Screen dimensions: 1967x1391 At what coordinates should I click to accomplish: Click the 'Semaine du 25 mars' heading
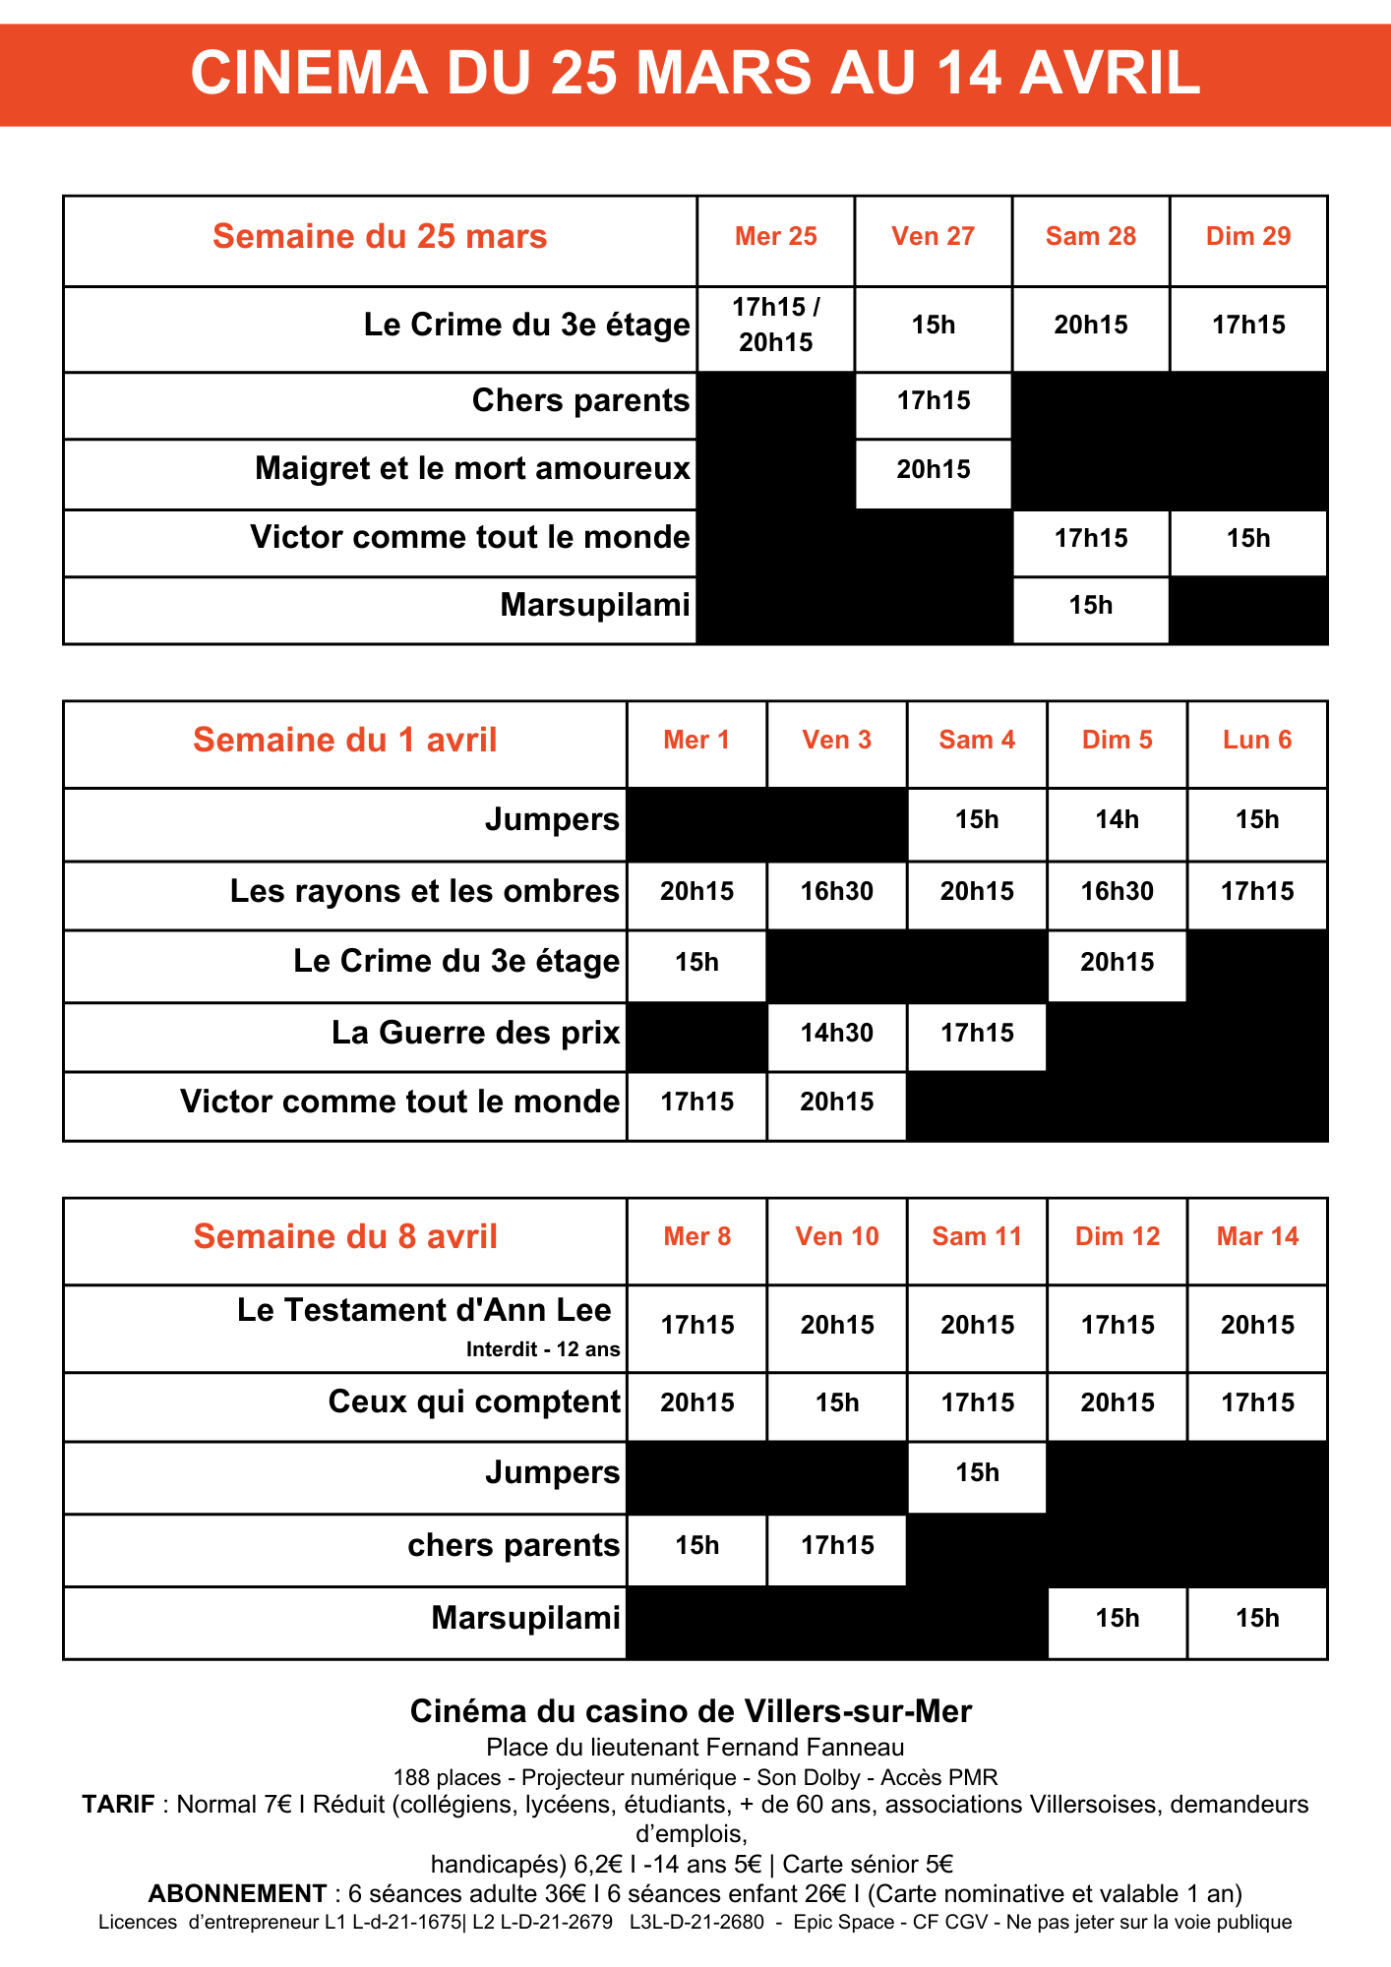pyautogui.click(x=380, y=237)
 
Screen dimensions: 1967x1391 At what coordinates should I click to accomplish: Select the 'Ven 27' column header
pyautogui.click(x=933, y=237)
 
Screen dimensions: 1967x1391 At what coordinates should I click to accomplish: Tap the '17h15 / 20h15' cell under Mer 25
pyautogui.click(x=776, y=326)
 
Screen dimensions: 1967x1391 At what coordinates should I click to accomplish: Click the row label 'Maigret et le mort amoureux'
pyautogui.click(x=472, y=468)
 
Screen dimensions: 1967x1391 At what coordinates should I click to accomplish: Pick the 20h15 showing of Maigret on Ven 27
pyautogui.click(x=933, y=470)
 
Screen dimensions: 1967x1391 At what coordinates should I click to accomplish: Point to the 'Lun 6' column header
pyautogui.click(x=1257, y=741)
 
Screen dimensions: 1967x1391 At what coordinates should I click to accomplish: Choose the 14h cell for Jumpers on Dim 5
pyautogui.click(x=1117, y=820)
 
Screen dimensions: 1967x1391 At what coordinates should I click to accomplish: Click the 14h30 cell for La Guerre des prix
pyautogui.click(x=836, y=1034)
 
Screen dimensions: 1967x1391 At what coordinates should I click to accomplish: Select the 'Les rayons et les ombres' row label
pyautogui.click(x=425, y=891)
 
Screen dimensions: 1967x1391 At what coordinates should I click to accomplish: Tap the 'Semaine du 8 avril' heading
pyautogui.click(x=345, y=1237)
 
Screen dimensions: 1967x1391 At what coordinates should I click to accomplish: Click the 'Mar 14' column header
pyautogui.click(x=1257, y=1237)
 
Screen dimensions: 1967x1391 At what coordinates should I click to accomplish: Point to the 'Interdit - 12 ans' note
pyautogui.click(x=543, y=1350)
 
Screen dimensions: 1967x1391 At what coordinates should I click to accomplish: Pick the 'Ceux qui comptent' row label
pyautogui.click(x=474, y=1402)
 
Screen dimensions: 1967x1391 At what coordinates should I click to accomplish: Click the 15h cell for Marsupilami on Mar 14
pyautogui.click(x=1257, y=1619)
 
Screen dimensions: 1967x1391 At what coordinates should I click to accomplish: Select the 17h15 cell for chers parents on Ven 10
pyautogui.click(x=836, y=1546)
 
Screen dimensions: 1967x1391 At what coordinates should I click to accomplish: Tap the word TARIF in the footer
pyautogui.click(x=118, y=1805)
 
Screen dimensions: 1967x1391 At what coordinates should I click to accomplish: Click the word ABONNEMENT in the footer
pyautogui.click(x=237, y=1894)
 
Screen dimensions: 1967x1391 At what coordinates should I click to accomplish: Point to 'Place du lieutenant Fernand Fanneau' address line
pyautogui.click(x=695, y=1748)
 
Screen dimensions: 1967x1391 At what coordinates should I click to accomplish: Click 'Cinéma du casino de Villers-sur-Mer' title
pyautogui.click(x=691, y=1712)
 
